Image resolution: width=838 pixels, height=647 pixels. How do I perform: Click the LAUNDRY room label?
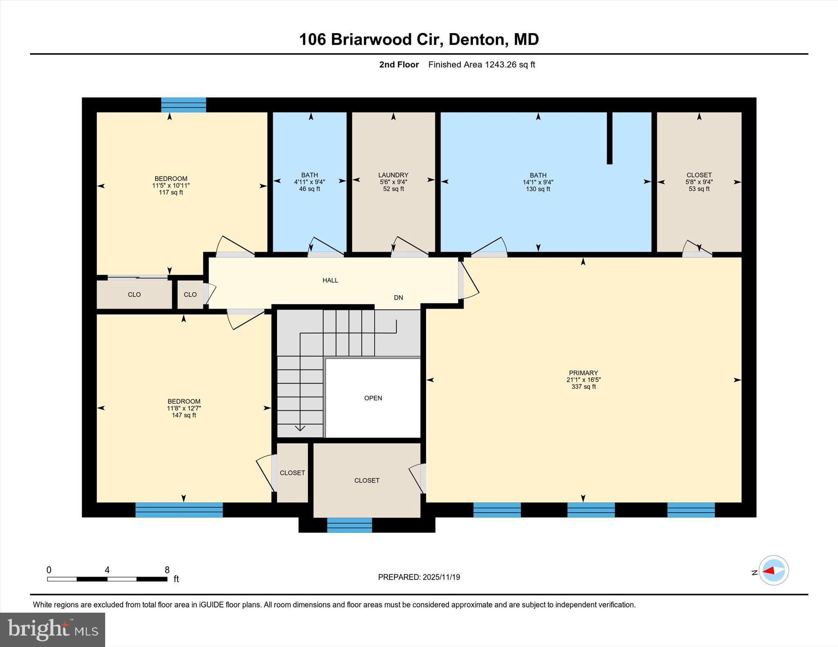click(x=393, y=175)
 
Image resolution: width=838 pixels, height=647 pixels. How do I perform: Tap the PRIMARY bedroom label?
click(x=583, y=373)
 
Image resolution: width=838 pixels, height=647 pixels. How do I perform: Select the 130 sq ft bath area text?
click(x=538, y=189)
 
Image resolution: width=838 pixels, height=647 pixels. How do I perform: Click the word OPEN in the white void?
click(x=373, y=398)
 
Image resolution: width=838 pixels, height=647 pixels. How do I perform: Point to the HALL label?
click(x=330, y=280)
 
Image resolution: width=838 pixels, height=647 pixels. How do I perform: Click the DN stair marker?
click(x=398, y=298)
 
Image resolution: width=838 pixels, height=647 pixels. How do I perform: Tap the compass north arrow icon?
click(x=773, y=570)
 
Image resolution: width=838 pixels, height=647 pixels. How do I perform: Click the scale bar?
click(x=107, y=579)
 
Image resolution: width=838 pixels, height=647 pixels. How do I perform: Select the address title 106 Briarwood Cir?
click(x=419, y=40)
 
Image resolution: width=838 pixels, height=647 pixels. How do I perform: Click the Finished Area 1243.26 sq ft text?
click(x=481, y=65)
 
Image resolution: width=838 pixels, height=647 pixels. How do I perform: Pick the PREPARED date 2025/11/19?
click(x=419, y=577)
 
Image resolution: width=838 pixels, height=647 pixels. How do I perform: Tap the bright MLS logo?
click(x=52, y=629)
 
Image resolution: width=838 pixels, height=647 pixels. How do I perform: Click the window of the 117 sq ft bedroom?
click(x=183, y=105)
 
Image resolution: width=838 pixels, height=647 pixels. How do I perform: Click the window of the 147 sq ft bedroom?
click(x=179, y=510)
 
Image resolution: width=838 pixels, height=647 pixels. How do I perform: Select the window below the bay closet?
click(x=349, y=525)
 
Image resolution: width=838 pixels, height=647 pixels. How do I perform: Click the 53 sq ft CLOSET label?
click(x=699, y=175)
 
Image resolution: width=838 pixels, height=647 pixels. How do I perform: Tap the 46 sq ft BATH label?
click(x=309, y=175)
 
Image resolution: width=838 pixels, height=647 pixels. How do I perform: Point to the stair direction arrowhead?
click(x=300, y=428)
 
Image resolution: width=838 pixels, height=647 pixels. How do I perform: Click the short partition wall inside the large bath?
click(x=609, y=138)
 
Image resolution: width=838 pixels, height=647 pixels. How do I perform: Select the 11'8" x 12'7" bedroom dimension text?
click(x=184, y=408)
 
